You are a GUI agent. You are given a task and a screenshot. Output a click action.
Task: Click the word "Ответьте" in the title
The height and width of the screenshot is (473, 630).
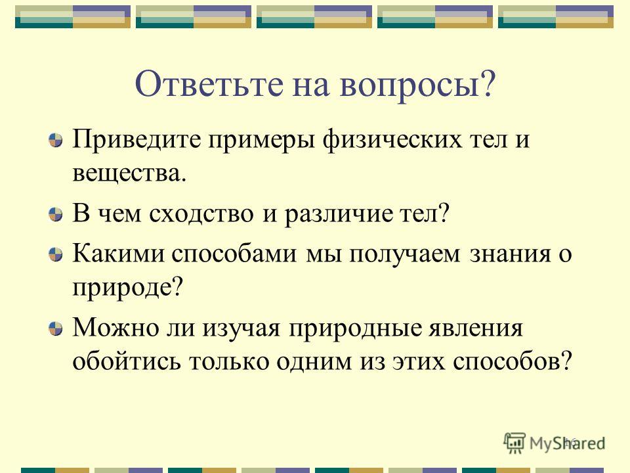(x=209, y=83)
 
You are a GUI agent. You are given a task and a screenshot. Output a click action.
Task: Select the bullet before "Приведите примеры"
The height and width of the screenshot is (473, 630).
(x=55, y=140)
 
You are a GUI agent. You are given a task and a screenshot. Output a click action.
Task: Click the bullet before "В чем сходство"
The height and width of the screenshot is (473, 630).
(x=55, y=214)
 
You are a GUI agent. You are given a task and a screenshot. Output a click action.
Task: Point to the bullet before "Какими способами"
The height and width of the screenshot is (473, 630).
(x=55, y=254)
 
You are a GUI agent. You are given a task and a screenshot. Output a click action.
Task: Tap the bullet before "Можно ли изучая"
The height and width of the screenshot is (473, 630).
(x=55, y=328)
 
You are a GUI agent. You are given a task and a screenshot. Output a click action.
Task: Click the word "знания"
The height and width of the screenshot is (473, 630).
(x=511, y=254)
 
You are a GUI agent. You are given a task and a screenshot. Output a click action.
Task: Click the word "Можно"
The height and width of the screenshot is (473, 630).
(x=115, y=328)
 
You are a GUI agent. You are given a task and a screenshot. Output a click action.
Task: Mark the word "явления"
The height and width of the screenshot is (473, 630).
(x=476, y=329)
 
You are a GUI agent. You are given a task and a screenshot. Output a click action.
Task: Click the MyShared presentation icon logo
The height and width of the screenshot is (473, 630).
(x=514, y=443)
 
